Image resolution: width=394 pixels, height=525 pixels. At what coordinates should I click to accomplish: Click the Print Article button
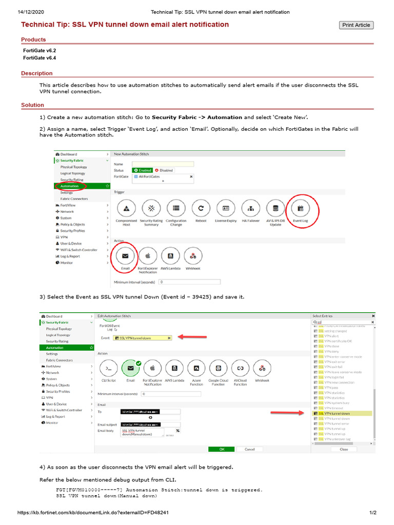(x=356, y=25)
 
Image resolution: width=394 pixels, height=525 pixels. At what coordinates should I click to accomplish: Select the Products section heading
(x=33, y=39)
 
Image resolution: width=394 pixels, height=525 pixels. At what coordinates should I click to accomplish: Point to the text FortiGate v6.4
(x=40, y=58)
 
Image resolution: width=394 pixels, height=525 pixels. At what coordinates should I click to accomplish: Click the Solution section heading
(x=32, y=105)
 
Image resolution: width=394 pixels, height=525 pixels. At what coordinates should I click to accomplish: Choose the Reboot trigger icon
(x=201, y=208)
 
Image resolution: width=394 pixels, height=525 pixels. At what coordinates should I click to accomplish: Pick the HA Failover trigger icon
(x=251, y=208)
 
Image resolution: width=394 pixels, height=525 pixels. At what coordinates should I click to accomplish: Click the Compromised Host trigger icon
(x=126, y=208)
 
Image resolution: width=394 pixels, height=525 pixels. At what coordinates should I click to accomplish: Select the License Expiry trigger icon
(x=226, y=208)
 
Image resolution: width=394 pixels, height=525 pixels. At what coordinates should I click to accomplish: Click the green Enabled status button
(x=143, y=170)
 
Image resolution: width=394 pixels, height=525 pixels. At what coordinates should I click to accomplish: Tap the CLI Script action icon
(x=108, y=368)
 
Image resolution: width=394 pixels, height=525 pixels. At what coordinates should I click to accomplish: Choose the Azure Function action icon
(x=196, y=368)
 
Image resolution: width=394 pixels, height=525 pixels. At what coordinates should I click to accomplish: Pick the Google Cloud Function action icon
(x=219, y=368)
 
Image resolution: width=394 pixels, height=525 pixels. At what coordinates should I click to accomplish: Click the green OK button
(x=222, y=449)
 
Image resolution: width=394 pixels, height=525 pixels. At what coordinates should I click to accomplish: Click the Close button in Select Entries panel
(x=343, y=449)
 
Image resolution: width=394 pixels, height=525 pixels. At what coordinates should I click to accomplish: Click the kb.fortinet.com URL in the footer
(x=93, y=513)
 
